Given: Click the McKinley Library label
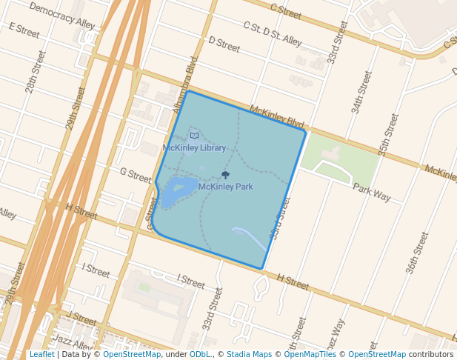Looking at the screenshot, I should (x=194, y=148).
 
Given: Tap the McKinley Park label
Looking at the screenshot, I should (x=225, y=187).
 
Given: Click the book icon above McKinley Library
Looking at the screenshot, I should (x=194, y=136).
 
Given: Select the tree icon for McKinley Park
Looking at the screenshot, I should (x=225, y=175).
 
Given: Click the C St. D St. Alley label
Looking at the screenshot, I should (x=273, y=33).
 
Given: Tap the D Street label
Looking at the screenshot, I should (x=224, y=44).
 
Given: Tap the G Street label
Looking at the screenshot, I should (x=136, y=175).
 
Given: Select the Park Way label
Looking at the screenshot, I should (x=371, y=192).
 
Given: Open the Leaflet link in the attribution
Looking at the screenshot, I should (x=41, y=354).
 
